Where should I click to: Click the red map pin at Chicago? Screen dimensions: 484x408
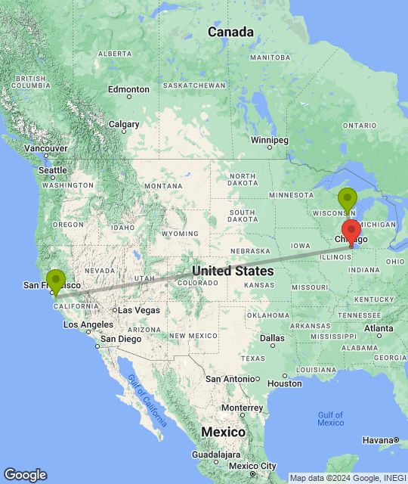[351, 231]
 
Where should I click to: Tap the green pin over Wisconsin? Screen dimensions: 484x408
[348, 199]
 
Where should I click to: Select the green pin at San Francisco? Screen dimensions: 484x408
[55, 281]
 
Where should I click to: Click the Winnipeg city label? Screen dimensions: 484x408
[270, 141]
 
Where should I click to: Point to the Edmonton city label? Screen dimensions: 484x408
[128, 89]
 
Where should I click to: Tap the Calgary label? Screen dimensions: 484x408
[124, 124]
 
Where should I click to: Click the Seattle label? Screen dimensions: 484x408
[53, 171]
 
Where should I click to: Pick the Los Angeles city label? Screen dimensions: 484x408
[88, 324]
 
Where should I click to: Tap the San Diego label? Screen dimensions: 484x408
[119, 339]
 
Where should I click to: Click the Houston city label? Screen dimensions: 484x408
[284, 383]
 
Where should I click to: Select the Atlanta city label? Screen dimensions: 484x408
[379, 328]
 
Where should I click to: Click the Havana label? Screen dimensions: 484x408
[381, 440]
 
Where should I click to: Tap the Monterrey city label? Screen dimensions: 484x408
[242, 408]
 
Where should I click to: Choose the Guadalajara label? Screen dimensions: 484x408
[215, 455]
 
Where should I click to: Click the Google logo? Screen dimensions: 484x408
[25, 474]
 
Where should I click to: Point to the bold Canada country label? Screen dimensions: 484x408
[230, 33]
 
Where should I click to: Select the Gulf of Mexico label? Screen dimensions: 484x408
[330, 418]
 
